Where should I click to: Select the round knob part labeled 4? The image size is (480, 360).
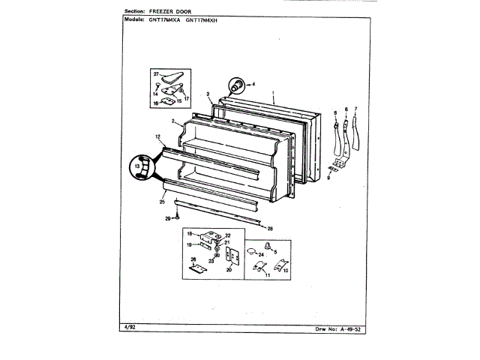[235, 84]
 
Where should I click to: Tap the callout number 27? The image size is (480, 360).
[157, 75]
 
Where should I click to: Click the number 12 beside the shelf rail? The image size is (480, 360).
[158, 136]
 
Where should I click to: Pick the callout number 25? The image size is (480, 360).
[162, 201]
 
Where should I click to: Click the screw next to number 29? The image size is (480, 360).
[177, 217]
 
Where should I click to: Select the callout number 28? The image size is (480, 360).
[270, 227]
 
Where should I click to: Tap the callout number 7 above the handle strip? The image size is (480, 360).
[356, 109]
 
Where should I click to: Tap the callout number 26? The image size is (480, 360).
[193, 259]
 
